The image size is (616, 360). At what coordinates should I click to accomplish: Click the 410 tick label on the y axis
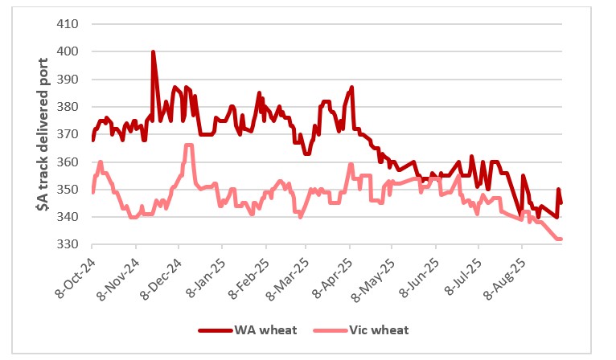coord(66,24)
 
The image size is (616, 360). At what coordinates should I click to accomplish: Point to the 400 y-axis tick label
coord(66,51)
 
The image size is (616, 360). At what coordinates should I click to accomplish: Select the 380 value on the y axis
coord(66,107)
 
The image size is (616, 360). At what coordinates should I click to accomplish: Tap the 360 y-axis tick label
coord(66,162)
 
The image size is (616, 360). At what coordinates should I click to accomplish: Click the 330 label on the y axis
coord(66,245)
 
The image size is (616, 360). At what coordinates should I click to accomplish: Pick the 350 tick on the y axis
coord(66,190)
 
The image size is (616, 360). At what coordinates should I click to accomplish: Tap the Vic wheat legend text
coord(379,330)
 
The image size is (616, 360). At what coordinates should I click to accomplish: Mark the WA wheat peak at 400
coord(153,52)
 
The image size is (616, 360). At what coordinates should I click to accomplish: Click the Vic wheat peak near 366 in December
coord(188,145)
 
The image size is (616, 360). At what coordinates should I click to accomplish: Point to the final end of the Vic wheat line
coord(561,239)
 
